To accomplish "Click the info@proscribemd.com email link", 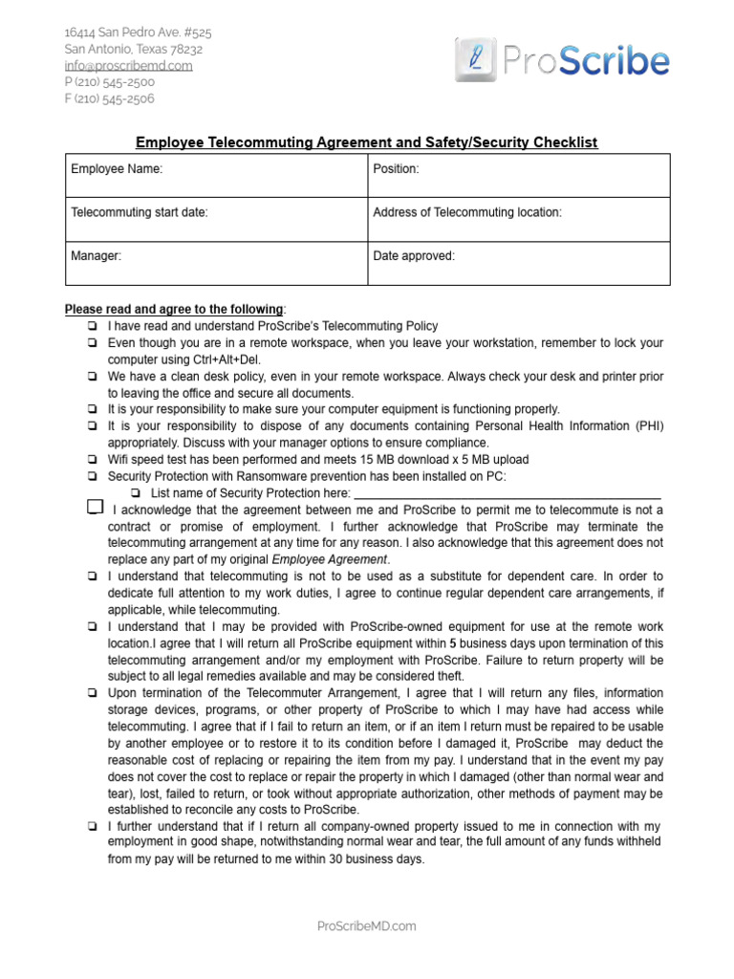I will (x=128, y=66).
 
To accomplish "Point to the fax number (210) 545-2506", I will (x=109, y=98).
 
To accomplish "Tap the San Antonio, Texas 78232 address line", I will (x=133, y=49).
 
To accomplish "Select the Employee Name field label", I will (x=117, y=169).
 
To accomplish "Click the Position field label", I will (x=396, y=169).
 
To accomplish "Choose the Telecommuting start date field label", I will (x=140, y=212).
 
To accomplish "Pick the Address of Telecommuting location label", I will (x=466, y=212).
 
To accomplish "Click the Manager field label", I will (x=96, y=256).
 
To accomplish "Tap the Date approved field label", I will (x=414, y=256).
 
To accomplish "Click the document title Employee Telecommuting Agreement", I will (x=366, y=142).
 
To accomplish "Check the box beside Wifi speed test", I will (x=93, y=460).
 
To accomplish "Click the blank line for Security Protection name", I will (x=507, y=493).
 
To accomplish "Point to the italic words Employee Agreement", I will (x=330, y=559).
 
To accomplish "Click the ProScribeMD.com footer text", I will (x=366, y=925).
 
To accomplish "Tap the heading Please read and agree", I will (x=174, y=310).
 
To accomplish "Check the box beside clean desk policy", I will (x=93, y=377).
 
